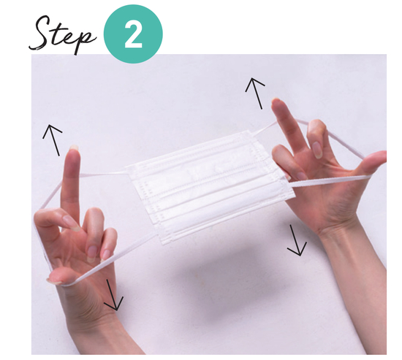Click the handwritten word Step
63,34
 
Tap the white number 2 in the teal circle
133,35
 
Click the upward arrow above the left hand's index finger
53,140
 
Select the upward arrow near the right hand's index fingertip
256,93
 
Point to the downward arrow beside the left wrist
113,295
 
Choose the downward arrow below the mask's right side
295,240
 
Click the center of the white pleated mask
211,186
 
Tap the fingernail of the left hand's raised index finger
74,148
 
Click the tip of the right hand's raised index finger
276,100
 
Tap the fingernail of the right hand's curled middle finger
317,150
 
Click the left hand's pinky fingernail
106,255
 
